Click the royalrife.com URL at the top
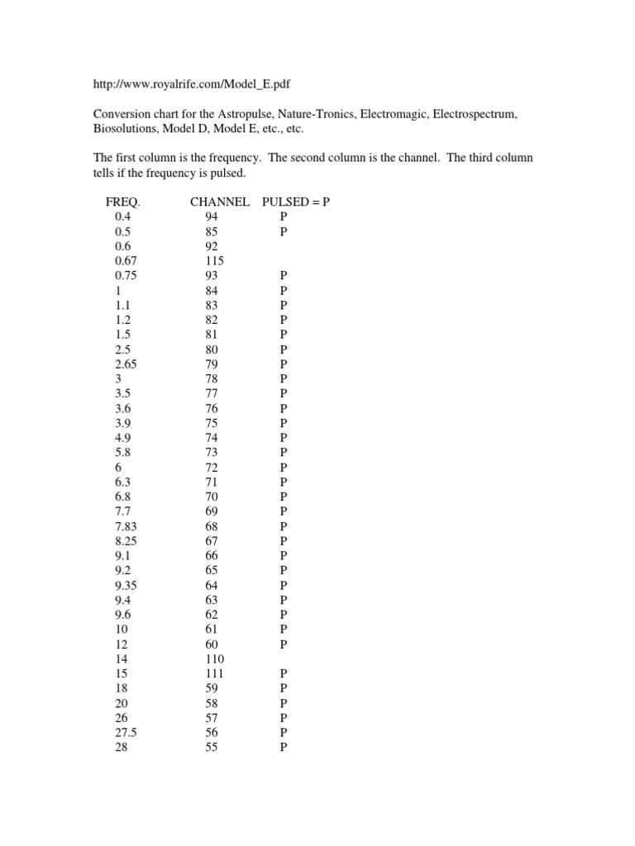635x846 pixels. tap(191, 84)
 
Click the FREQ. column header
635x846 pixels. tap(123, 202)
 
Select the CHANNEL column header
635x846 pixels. tap(219, 202)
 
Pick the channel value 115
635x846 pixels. tap(212, 260)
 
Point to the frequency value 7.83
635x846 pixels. tap(127, 526)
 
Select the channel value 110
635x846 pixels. tap(212, 659)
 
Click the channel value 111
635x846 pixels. tap(212, 674)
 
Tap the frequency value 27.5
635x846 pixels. tap(127, 733)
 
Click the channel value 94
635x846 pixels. tap(212, 216)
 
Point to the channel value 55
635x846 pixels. tap(212, 748)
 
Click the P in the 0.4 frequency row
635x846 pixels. tap(284, 216)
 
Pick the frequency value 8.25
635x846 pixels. tap(127, 541)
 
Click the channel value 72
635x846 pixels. tap(212, 468)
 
